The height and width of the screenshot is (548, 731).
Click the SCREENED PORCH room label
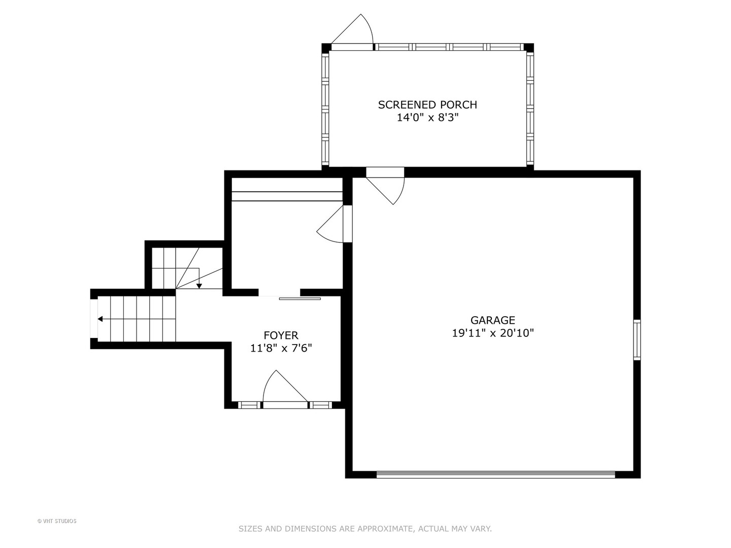coord(427,105)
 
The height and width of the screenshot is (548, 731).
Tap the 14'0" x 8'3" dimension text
coord(427,118)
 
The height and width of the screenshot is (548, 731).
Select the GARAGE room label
coord(492,320)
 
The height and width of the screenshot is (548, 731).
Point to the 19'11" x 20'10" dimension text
coord(492,333)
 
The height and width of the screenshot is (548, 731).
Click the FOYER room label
coord(281,335)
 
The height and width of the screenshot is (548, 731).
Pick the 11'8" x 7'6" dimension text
coord(281,348)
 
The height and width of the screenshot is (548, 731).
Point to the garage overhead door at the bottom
coord(495,475)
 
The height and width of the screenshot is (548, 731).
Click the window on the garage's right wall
coord(637,340)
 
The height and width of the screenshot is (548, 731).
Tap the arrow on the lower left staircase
coord(101,319)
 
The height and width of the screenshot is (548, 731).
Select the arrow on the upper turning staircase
coord(199,285)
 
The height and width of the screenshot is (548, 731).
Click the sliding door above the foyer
coord(300,298)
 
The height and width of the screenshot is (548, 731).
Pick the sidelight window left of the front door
coord(248,405)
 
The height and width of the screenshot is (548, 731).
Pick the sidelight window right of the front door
coord(320,405)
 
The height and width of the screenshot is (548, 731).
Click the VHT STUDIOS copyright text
coord(57,521)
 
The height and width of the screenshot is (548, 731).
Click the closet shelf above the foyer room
coord(287,196)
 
